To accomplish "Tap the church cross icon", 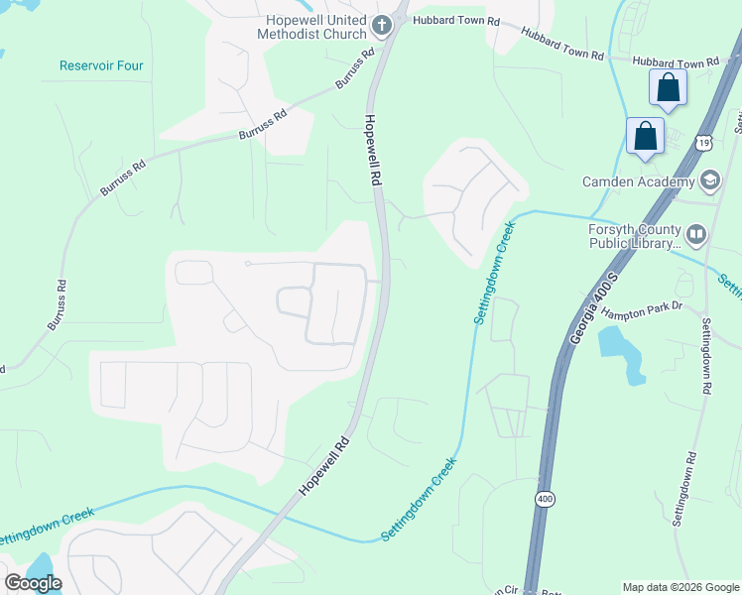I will coord(382,22).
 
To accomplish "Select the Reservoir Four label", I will coord(101,66).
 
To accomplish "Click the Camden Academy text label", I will coord(638,181).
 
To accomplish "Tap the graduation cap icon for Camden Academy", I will coord(709,180).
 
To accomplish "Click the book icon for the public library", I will coord(695,234).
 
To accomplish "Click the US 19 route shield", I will coord(702,143).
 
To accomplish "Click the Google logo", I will coord(33,582).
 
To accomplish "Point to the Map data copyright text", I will coord(680,587).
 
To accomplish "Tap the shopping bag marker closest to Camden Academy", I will coord(646,136).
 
